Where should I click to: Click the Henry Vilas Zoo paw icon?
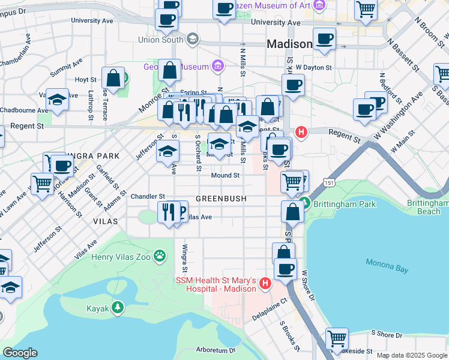coord(159,257)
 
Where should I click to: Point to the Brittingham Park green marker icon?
coord(306,204)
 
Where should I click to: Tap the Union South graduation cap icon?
coord(192,40)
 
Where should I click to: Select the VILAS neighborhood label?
coord(107,221)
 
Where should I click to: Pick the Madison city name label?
coord(289,44)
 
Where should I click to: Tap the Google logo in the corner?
coord(20,353)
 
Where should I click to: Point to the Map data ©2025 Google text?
coord(412,355)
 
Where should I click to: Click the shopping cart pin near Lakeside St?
coord(337,338)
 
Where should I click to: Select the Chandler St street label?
coord(148,196)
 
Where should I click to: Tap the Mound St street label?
coord(225,176)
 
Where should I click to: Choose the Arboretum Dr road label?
coord(215,350)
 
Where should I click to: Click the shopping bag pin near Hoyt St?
coord(113,77)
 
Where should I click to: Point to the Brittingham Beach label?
coord(428,207)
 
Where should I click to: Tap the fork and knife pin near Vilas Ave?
coord(167,211)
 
